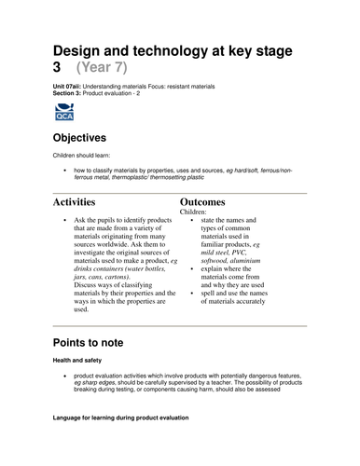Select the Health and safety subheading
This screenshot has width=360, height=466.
(79, 360)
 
